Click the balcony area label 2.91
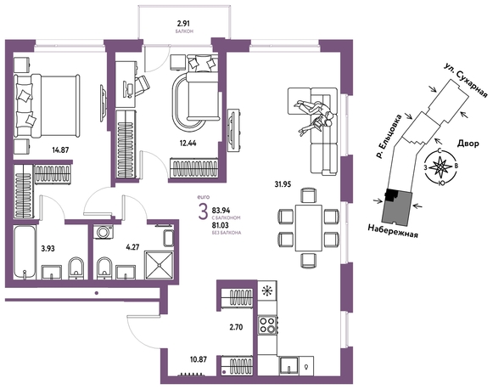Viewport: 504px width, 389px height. point(184,23)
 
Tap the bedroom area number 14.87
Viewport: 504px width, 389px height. point(60,149)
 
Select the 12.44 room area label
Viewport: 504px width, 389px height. point(188,144)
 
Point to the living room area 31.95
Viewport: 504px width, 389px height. point(283,184)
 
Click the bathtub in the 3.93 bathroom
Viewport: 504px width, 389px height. point(25,252)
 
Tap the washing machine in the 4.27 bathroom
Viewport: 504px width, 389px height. point(104,232)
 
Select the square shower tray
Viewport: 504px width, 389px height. point(160,264)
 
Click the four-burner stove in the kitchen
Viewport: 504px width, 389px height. point(267,324)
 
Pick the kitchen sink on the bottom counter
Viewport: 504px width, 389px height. point(289,365)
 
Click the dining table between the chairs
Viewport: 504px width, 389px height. point(309,228)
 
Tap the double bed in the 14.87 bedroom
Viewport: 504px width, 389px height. point(47,105)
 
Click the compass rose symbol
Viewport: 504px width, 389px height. point(440,167)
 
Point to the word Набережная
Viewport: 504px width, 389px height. point(393,231)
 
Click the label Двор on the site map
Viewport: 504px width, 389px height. point(468,144)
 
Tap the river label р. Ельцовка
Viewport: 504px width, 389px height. point(389,136)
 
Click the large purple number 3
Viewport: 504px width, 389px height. point(203,211)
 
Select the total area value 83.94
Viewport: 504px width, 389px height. point(221,211)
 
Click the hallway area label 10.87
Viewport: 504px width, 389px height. point(199,359)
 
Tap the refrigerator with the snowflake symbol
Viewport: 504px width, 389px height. point(266,290)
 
